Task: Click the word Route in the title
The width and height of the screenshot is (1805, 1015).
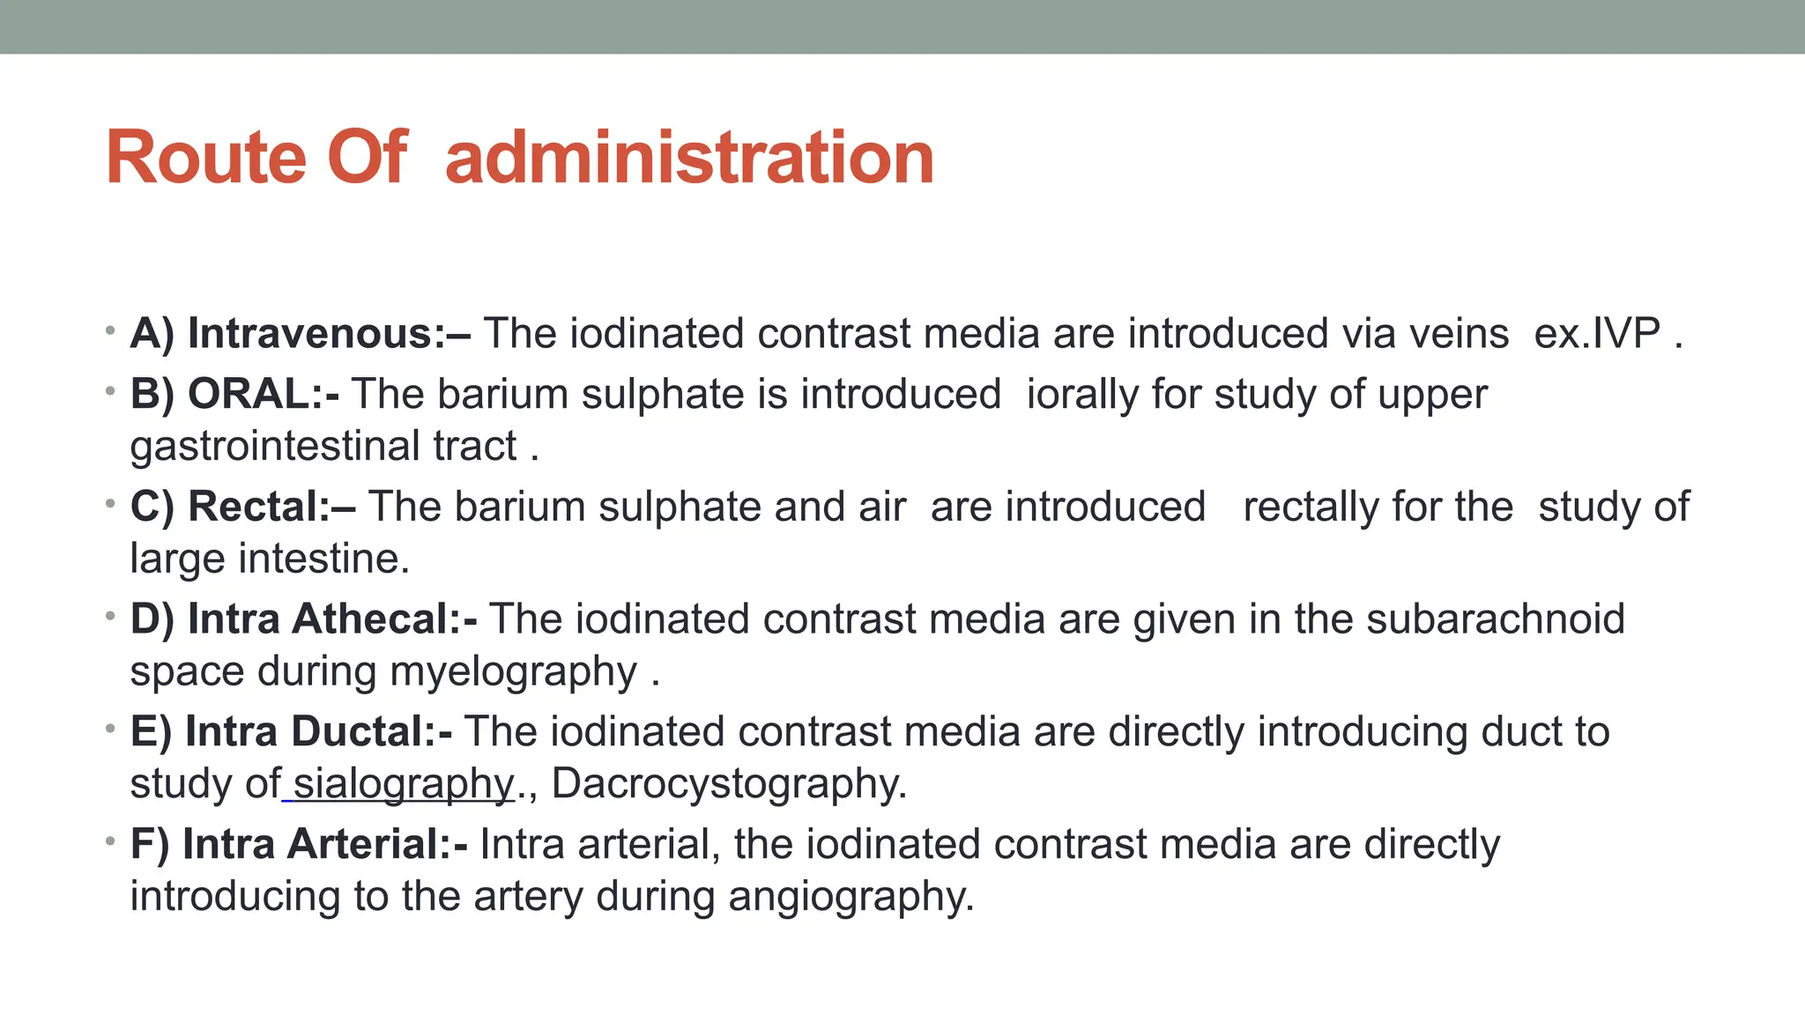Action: click(x=208, y=158)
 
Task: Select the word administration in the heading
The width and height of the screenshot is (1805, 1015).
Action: click(x=689, y=158)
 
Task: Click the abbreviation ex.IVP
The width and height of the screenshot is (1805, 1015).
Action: click(x=1597, y=334)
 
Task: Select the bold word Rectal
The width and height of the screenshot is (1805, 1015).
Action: click(x=258, y=507)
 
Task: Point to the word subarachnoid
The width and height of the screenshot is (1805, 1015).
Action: click(x=1496, y=619)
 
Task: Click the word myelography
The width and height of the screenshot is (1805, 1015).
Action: click(x=513, y=671)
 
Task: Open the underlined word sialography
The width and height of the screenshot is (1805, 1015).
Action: click(x=403, y=784)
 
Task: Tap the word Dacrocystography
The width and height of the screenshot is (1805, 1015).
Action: click(x=729, y=784)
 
